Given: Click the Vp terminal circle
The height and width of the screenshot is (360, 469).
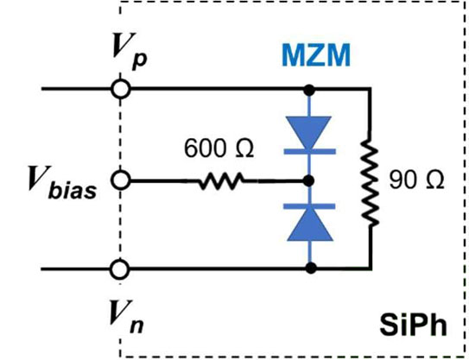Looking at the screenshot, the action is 121,89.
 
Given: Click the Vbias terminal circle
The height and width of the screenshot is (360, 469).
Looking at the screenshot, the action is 121,180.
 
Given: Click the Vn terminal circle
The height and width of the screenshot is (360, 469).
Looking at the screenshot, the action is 120,269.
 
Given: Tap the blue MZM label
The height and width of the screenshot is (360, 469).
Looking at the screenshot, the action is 316,55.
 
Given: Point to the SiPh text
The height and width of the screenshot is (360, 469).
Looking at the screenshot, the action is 413,325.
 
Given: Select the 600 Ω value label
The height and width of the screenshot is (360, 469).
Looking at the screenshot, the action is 219,148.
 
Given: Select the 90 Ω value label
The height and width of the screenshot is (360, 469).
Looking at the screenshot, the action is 416,180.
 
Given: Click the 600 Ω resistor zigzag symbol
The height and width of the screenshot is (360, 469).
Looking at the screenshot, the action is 221,181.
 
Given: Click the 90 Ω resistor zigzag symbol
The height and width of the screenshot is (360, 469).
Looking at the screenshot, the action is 371,181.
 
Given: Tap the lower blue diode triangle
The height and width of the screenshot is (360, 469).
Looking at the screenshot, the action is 309,224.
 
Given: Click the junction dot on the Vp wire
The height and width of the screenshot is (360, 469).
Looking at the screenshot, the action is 308,90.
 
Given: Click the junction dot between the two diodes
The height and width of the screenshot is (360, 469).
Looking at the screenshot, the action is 308,180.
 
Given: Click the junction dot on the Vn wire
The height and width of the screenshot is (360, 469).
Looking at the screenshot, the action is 311,268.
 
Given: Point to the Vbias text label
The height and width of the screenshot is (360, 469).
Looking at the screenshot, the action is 62,183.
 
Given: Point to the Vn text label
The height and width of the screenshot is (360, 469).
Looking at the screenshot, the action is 126,317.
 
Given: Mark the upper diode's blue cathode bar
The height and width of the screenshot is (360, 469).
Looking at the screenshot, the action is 309,152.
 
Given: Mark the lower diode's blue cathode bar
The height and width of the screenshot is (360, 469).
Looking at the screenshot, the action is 309,206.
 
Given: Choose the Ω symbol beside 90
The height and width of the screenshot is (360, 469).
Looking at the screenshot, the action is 434,180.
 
